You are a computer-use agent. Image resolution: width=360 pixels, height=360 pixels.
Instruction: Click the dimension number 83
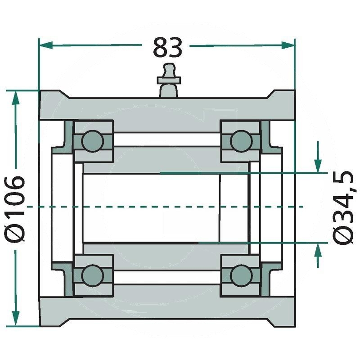point(167,48)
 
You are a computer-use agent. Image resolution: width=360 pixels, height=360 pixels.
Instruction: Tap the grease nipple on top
point(169,81)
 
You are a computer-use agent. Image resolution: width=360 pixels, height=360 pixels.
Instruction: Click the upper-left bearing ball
point(93,141)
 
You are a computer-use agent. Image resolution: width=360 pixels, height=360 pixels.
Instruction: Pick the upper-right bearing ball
point(241,141)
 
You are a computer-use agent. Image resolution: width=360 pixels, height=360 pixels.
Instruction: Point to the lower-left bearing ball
point(93,275)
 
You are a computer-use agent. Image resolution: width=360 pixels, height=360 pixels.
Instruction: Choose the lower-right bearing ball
point(241,275)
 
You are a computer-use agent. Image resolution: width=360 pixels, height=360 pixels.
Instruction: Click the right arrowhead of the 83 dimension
point(288,45)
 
